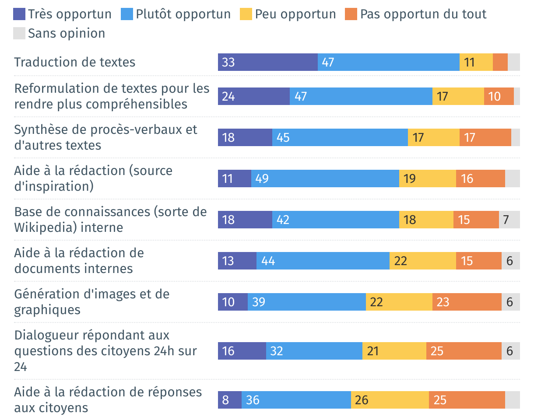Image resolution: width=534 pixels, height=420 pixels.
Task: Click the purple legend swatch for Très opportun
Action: (x=19, y=14)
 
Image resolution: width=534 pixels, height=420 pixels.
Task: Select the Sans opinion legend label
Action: (x=67, y=34)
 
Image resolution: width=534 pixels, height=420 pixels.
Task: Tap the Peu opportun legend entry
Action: (x=295, y=14)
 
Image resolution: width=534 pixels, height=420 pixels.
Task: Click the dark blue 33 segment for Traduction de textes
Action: (x=267, y=62)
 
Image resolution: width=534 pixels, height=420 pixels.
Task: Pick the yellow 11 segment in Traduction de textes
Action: (x=476, y=62)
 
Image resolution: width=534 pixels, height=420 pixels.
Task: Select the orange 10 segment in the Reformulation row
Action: (x=499, y=96)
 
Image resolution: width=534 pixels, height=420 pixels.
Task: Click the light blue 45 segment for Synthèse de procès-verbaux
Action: (x=340, y=137)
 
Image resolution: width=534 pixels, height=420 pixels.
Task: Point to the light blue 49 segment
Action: (x=325, y=178)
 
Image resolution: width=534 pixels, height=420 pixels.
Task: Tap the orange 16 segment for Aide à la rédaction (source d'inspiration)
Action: (x=480, y=178)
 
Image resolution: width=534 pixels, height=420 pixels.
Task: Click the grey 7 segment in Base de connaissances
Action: (x=509, y=220)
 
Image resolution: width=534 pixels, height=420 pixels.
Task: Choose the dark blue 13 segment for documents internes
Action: (x=237, y=261)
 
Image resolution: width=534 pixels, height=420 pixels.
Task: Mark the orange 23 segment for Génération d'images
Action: (x=467, y=302)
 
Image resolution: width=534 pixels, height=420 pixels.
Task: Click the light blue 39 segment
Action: (x=306, y=302)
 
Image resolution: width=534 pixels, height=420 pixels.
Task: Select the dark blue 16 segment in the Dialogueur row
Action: (x=242, y=351)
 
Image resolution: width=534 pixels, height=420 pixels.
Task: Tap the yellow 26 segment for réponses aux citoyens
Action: (x=390, y=400)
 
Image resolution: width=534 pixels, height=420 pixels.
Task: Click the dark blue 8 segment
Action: (x=229, y=400)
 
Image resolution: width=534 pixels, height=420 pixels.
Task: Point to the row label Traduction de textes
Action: (x=75, y=62)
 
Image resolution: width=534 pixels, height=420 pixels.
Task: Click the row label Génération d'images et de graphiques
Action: (x=91, y=302)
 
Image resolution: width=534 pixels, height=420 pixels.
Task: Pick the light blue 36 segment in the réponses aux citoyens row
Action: (x=296, y=400)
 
